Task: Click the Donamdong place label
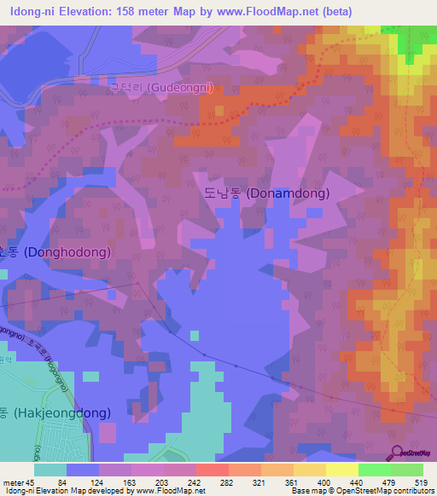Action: click(266, 193)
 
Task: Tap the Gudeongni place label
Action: click(162, 87)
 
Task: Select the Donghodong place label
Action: click(56, 252)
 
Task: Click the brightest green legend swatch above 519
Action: click(407, 470)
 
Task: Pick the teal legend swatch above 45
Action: click(50, 470)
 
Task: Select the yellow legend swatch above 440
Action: click(343, 470)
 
